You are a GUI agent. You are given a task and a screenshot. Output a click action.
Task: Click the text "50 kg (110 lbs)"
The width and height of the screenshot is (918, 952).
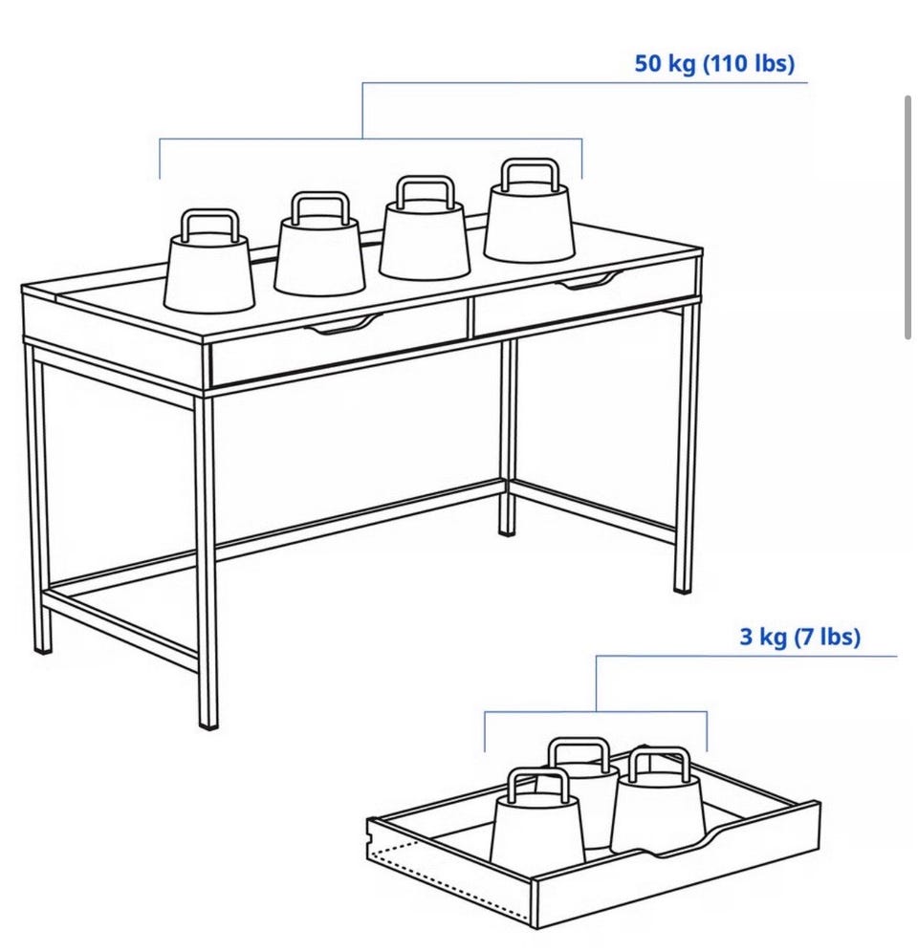[714, 64]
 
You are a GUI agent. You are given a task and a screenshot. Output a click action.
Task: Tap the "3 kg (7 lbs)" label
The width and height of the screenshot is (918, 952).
[800, 637]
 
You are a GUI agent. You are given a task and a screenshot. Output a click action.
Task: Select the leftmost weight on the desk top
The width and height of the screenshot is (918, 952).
[209, 261]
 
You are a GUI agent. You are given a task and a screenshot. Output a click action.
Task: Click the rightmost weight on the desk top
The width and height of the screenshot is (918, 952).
[529, 211]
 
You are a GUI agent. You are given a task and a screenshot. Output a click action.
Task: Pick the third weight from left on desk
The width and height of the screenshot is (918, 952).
[424, 227]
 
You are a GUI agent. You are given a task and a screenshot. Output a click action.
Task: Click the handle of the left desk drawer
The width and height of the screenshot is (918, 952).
[344, 325]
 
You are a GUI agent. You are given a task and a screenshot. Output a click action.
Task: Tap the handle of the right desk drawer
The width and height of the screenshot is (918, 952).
[589, 281]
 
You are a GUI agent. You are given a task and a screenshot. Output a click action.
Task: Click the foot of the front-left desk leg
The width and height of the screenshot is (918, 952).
[208, 724]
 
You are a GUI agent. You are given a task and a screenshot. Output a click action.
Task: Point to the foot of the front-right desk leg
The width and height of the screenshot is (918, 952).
[683, 587]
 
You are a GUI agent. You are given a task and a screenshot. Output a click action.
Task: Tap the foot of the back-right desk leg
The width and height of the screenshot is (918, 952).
[507, 531]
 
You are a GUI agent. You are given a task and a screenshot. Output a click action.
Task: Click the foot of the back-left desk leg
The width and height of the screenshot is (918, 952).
[42, 648]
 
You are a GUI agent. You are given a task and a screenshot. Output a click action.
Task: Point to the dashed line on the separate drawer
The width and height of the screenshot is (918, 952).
[449, 880]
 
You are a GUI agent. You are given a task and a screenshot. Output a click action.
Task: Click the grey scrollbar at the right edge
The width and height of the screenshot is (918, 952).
[908, 217]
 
